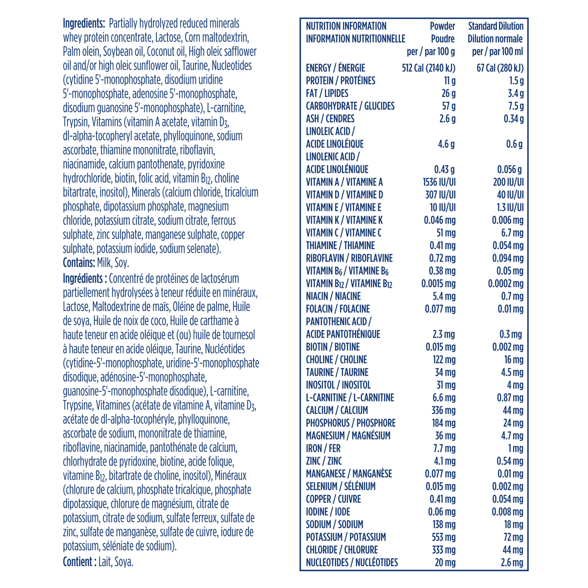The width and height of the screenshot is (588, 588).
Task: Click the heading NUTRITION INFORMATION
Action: (346, 26)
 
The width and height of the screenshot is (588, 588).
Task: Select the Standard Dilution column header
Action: (495, 26)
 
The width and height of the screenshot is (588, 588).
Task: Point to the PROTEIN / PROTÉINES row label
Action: (341, 81)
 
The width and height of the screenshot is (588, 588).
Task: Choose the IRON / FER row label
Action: (323, 448)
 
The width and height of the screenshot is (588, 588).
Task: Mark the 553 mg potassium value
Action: (443, 537)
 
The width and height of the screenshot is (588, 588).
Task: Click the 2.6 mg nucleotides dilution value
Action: (513, 563)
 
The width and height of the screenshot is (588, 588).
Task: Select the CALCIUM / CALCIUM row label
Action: (337, 410)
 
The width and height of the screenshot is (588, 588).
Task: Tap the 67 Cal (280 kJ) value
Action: (500, 68)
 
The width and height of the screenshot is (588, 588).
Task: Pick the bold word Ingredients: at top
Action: (84, 24)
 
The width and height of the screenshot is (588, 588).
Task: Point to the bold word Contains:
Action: (78, 263)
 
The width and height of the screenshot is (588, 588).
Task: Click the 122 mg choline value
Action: (443, 360)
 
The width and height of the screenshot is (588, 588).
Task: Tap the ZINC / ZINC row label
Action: (324, 461)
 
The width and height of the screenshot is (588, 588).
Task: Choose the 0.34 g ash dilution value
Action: (514, 119)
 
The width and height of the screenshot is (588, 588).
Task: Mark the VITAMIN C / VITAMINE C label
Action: (343, 233)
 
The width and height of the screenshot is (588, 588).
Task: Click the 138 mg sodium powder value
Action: (443, 524)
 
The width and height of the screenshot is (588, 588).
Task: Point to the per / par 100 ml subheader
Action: (497, 51)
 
